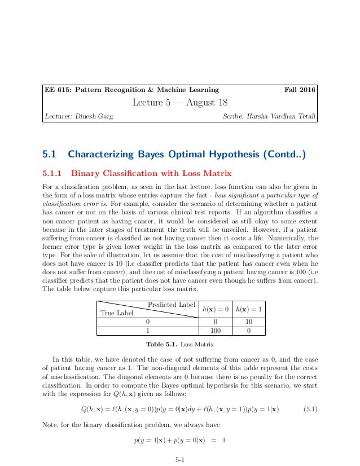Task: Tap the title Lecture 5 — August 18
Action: click(x=179, y=103)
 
